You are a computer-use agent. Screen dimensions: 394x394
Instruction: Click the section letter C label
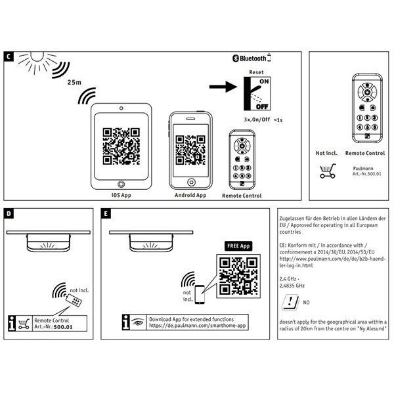click(x=9, y=56)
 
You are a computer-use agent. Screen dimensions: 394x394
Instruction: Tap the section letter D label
click(x=9, y=213)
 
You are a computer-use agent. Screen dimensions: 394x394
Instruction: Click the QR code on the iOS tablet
click(x=120, y=145)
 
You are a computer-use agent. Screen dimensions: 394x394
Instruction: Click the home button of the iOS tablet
click(x=120, y=184)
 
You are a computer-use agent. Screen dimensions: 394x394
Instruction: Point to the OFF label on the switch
click(x=261, y=106)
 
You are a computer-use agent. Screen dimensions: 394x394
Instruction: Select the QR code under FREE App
click(x=237, y=273)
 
